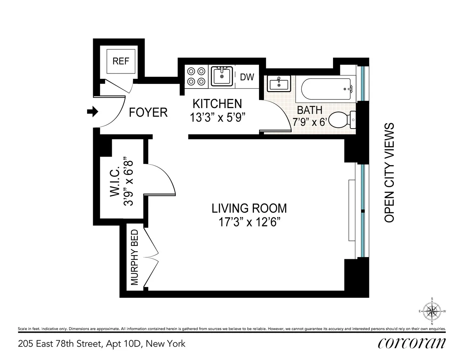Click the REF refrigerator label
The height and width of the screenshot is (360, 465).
(x=121, y=61)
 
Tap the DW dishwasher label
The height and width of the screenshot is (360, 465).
(x=247, y=77)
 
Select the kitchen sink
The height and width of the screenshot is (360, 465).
(x=222, y=76)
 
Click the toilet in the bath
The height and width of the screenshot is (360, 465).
(x=342, y=120)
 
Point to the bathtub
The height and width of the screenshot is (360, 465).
(x=326, y=89)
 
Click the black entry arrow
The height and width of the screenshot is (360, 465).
(x=92, y=112)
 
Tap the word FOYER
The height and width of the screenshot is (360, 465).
(x=148, y=112)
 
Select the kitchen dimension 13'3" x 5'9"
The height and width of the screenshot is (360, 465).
(x=217, y=118)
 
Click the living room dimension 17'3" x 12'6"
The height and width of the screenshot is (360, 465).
(x=249, y=222)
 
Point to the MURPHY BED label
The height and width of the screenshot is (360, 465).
(x=135, y=257)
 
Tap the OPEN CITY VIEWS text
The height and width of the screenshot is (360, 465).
(x=389, y=172)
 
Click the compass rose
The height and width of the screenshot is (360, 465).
(x=432, y=311)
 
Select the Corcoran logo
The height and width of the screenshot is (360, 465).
(x=412, y=344)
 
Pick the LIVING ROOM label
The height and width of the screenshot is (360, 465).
(x=249, y=208)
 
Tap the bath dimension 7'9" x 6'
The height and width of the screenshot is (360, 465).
(x=309, y=122)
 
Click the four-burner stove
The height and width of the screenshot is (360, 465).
(x=196, y=76)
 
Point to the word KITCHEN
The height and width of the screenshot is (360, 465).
(x=217, y=104)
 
